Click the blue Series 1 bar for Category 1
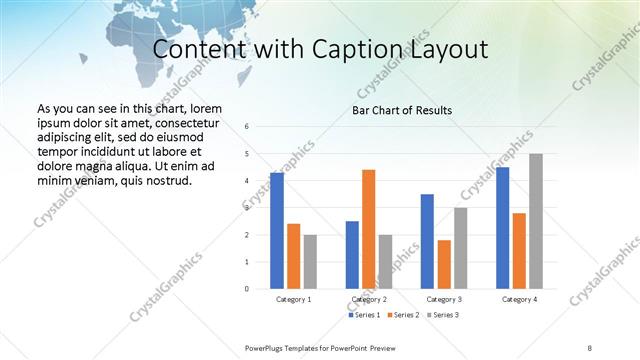276,231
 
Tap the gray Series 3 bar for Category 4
536,221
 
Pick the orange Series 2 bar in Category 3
444,264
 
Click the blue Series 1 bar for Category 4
502,228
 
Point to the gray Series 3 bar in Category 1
310,262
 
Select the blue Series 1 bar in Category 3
427,241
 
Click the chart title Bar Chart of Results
402,110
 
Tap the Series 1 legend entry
363,315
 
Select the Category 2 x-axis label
368,299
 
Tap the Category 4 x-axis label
519,299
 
